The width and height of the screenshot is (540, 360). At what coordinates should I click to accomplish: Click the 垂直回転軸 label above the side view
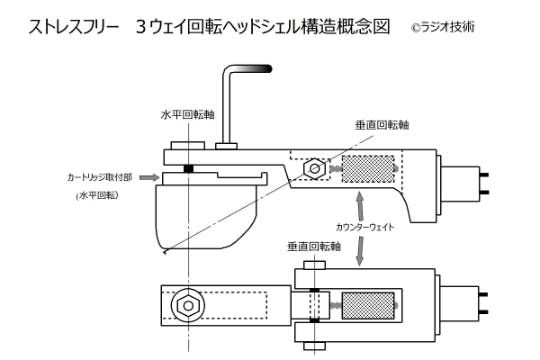tap(381, 125)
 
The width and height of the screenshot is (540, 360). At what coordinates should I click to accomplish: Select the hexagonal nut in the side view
tap(314, 168)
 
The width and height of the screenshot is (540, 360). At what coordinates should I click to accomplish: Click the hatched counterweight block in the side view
tap(368, 169)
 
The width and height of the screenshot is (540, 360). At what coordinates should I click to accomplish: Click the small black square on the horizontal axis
tap(187, 167)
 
